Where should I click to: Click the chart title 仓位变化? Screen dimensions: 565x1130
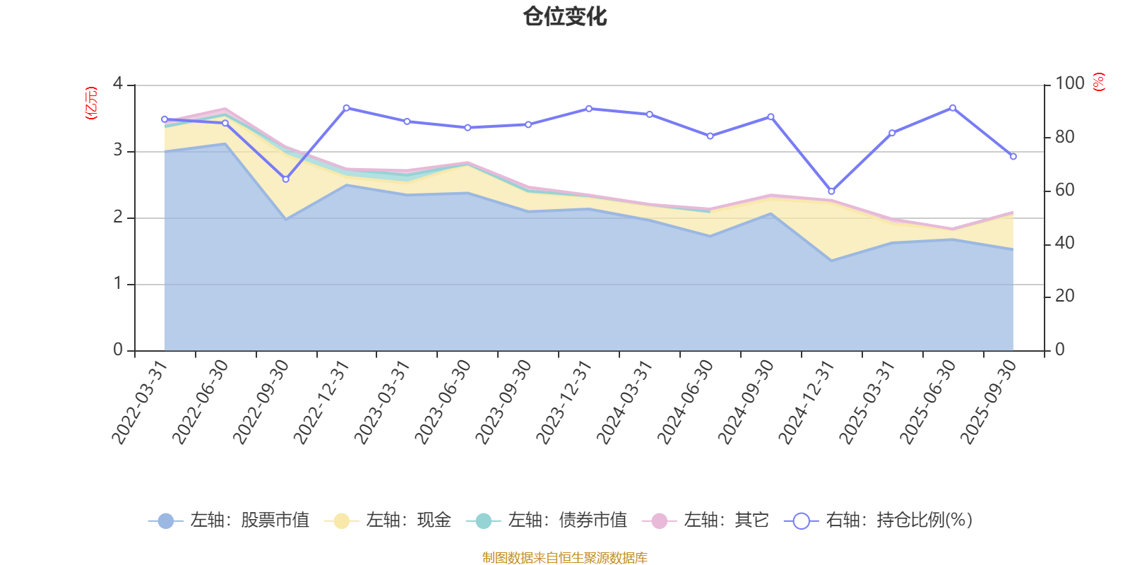click(565, 16)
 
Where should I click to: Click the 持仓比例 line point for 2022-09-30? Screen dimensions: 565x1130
click(285, 179)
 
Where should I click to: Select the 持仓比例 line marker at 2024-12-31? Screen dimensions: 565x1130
click(831, 191)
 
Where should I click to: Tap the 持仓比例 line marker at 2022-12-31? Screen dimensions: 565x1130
click(346, 108)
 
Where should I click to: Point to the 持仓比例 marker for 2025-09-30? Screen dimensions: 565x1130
click(1013, 156)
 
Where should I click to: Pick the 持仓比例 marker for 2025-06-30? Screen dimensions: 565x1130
click(953, 108)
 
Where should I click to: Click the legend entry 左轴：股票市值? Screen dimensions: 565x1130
click(229, 521)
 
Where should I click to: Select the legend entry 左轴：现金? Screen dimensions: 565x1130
click(388, 521)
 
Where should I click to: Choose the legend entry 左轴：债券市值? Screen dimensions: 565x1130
click(547, 521)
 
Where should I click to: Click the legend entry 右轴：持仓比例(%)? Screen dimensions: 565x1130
click(879, 521)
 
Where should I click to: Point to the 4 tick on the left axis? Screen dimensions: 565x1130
click(118, 84)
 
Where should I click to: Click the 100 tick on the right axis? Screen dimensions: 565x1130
click(1069, 84)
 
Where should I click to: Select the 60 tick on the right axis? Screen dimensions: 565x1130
click(1064, 190)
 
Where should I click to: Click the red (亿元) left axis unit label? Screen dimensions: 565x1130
click(91, 103)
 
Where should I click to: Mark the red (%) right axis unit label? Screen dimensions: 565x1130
click(1099, 82)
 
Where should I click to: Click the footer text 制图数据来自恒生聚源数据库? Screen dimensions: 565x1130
click(565, 558)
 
